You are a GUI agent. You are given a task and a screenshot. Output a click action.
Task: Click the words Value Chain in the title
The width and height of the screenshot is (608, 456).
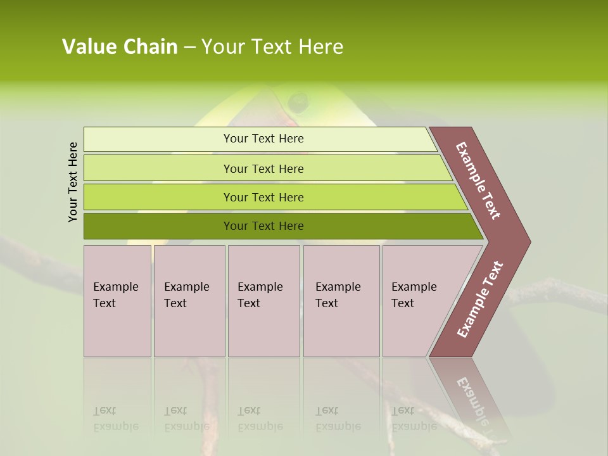(120, 47)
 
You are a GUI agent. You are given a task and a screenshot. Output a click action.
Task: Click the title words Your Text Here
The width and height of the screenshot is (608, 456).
(272, 47)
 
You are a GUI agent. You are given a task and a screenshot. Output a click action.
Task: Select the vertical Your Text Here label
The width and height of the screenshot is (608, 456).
(73, 182)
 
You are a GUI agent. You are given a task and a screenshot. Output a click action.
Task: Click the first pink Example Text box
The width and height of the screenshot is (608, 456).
(117, 301)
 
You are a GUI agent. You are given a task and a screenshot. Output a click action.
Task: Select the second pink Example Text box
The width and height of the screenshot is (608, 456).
(189, 301)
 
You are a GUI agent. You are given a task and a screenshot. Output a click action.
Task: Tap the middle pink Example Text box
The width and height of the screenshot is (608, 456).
(263, 301)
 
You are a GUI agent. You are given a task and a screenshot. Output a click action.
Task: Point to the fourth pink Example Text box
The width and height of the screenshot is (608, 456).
(341, 301)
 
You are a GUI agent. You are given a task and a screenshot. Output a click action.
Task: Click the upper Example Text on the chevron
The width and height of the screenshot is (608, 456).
(479, 180)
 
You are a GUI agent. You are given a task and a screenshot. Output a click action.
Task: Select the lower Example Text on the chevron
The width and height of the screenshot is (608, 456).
(480, 300)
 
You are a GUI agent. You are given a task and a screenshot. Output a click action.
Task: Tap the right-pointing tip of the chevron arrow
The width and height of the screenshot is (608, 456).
(526, 241)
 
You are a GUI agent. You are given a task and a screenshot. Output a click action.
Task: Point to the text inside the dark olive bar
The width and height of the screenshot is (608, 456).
(263, 226)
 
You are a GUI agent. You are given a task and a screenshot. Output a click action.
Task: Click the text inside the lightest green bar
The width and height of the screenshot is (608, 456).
(263, 139)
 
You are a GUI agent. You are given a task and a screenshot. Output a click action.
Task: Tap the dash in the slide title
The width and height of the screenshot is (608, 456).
(189, 47)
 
